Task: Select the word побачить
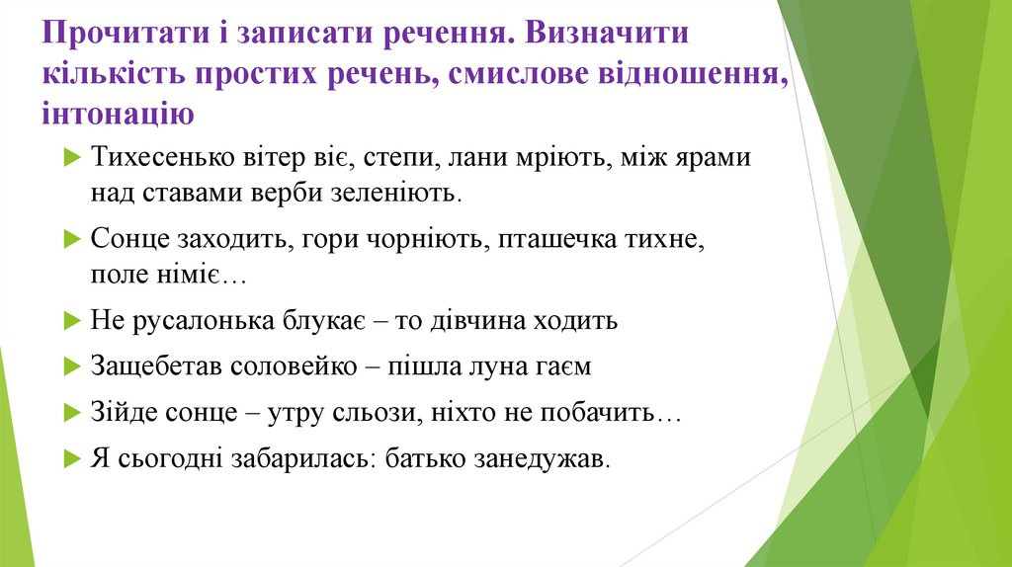[x=609, y=412]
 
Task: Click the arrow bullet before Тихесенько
[x=72, y=158]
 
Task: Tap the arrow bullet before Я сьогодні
[x=72, y=458]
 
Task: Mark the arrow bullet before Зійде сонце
[x=72, y=412]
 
